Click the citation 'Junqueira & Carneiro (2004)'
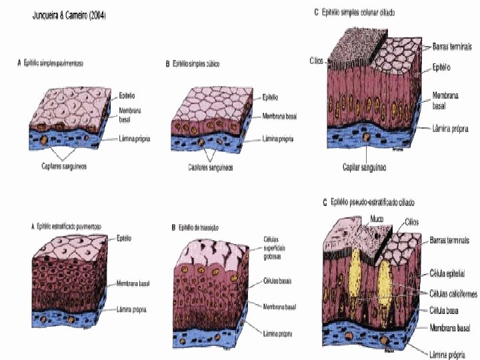pos(69,15)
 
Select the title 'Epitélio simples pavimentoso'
pos(56,63)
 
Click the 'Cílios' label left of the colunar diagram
pos(316,60)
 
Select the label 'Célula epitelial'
pos(448,274)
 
